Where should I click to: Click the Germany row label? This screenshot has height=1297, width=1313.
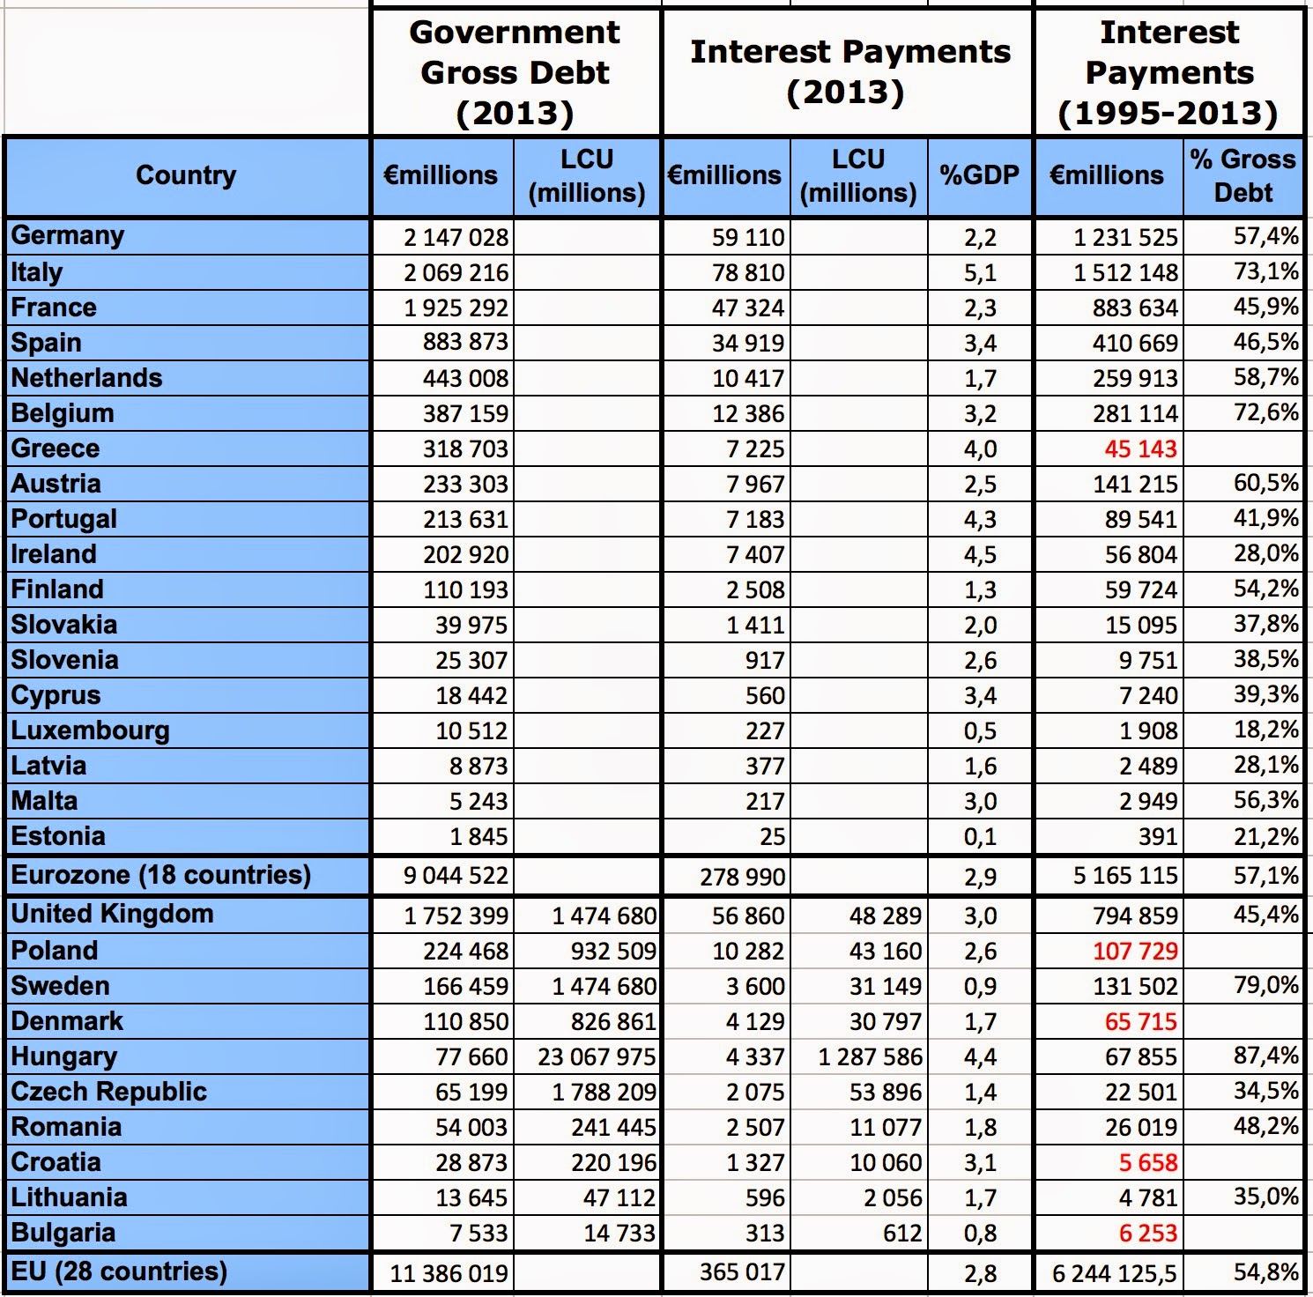68,236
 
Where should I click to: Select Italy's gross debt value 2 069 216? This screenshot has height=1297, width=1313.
456,272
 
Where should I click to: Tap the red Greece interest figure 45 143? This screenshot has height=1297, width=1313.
1140,448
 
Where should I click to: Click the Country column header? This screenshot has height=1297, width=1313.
186,175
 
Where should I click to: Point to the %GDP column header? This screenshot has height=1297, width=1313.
979,175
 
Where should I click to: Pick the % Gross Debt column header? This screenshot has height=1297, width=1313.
1243,175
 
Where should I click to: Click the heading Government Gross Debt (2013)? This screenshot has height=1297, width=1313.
515,72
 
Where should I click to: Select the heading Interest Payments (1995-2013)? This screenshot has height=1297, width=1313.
1168,72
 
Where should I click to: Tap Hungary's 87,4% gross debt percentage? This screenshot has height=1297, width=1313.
1266,1055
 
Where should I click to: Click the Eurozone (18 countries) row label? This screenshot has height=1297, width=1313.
160,875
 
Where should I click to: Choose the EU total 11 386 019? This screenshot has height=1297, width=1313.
449,1273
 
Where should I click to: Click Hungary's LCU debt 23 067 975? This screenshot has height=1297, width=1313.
597,1056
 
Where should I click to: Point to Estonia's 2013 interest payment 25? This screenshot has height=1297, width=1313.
772,836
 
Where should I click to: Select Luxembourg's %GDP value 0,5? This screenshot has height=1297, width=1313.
980,730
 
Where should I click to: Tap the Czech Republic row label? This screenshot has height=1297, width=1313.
108,1092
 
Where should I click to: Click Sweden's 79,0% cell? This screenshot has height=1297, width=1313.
1266,984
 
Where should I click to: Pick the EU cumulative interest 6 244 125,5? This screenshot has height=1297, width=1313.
1116,1273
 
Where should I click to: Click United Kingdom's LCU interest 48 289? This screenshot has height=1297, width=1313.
885,915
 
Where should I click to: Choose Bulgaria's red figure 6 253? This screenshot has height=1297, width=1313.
1147,1233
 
